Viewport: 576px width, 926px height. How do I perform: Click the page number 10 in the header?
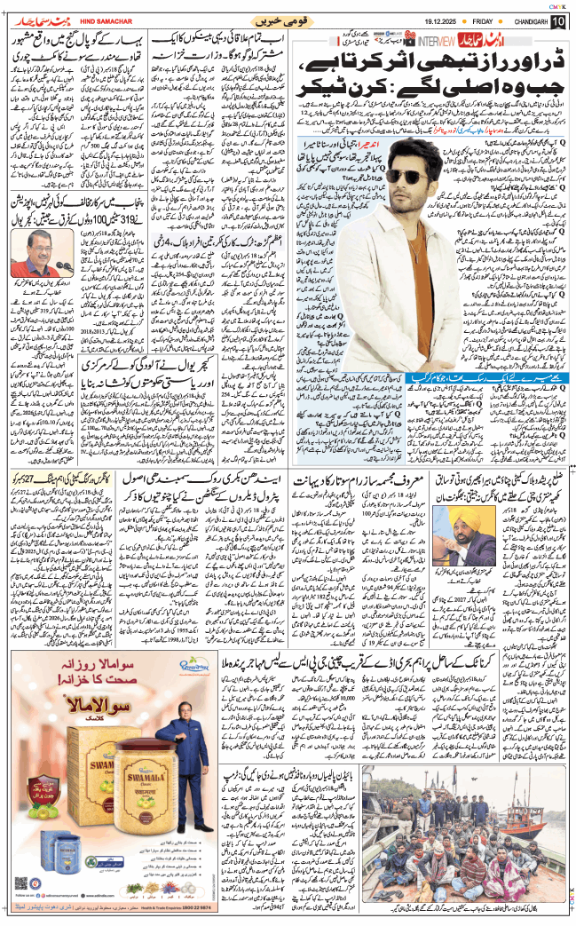pos(557,20)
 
